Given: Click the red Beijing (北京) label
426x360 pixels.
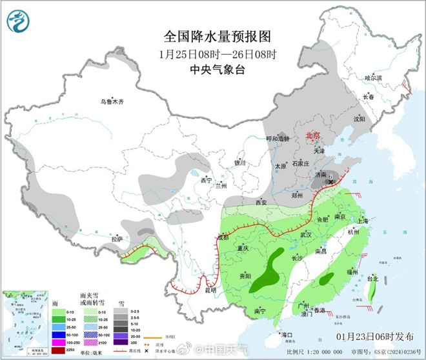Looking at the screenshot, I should pyautogui.click(x=312, y=135).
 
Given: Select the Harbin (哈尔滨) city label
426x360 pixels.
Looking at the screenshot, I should pyautogui.click(x=374, y=78).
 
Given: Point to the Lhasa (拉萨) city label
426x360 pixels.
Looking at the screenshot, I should pyautogui.click(x=117, y=239).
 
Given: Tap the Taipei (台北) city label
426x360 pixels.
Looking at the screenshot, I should pyautogui.click(x=372, y=279).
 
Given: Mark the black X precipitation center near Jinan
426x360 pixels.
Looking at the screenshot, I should pyautogui.click(x=331, y=183).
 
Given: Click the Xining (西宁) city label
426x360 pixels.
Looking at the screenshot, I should pyautogui.click(x=206, y=180).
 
